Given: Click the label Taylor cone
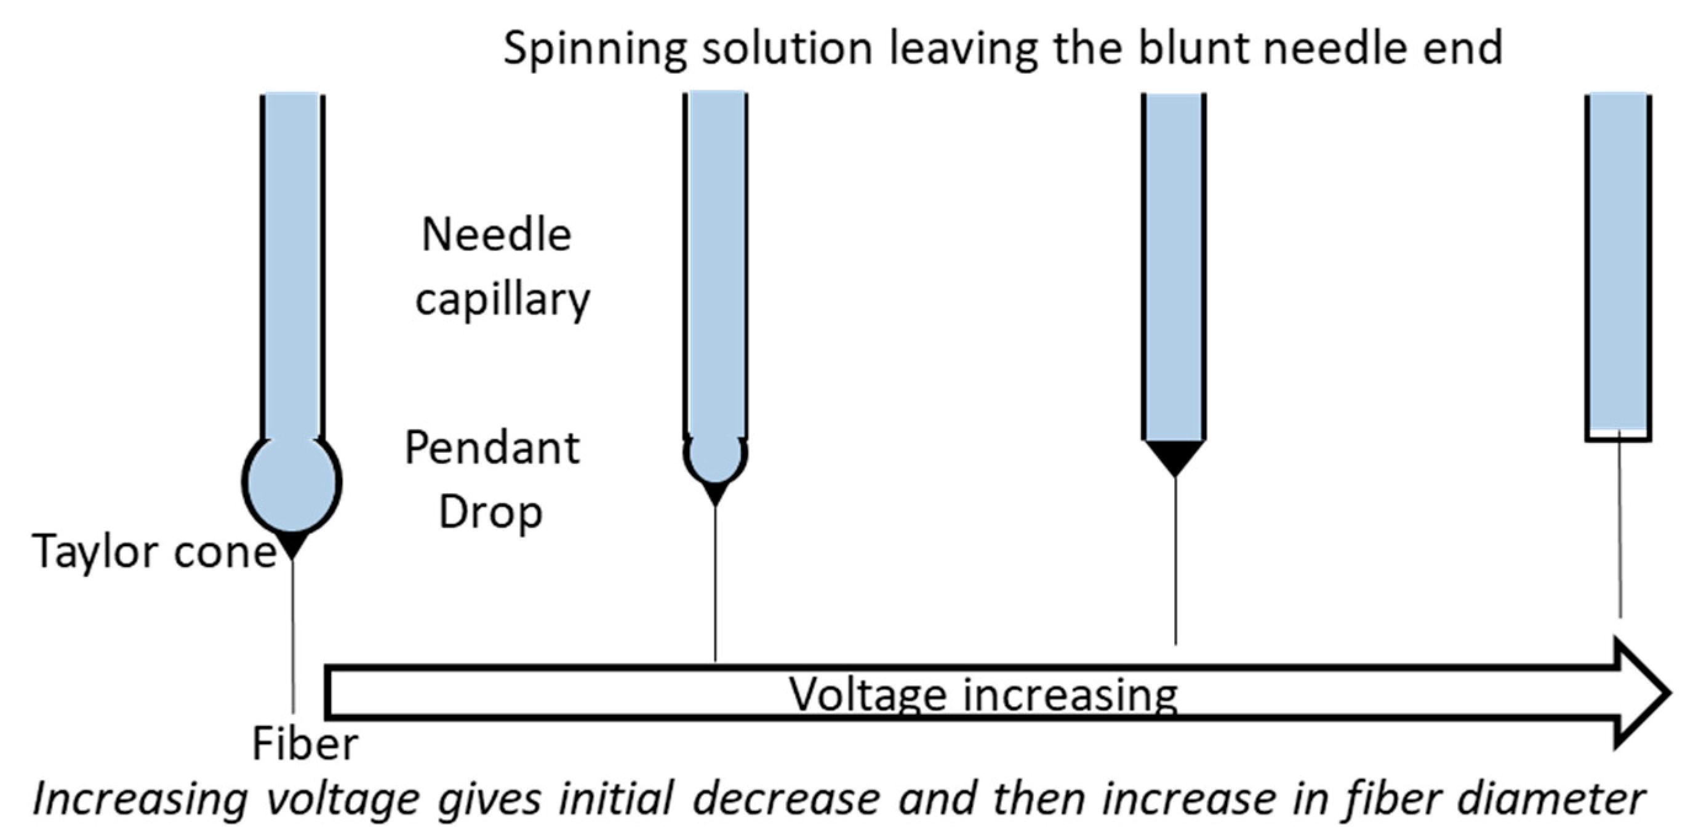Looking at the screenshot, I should [x=153, y=551].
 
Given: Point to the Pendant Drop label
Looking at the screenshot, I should [x=492, y=479].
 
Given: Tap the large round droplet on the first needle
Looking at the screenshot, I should [x=292, y=483].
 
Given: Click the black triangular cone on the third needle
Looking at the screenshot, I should [x=1174, y=454].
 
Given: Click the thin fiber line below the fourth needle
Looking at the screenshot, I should [x=1619, y=528].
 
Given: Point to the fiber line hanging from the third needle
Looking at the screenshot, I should [x=1175, y=561].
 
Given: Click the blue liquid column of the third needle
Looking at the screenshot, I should [x=1174, y=264].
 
